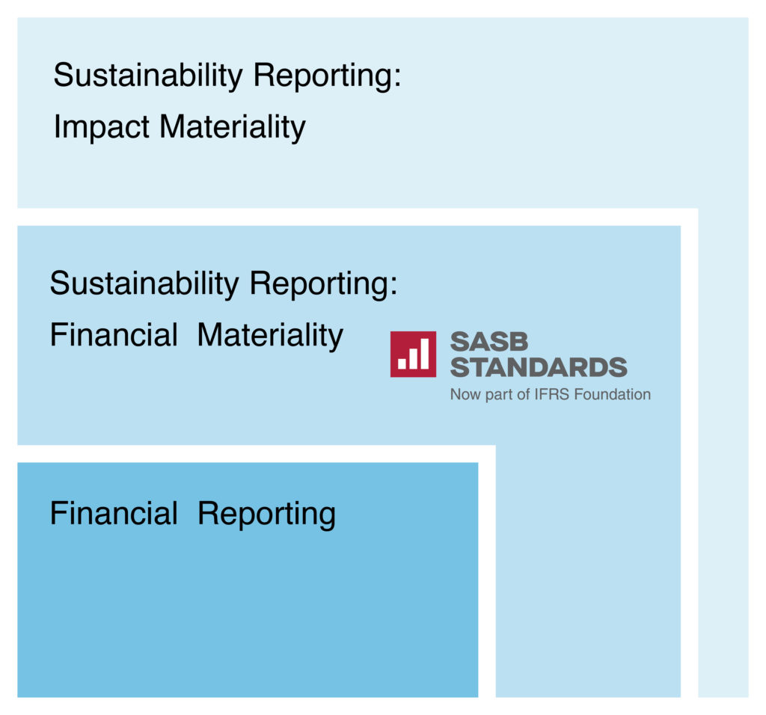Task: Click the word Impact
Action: (x=101, y=127)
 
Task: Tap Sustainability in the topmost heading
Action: (x=147, y=76)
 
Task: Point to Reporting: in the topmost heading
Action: (x=327, y=76)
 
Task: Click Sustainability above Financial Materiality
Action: (x=144, y=283)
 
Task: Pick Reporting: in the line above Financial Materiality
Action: (x=323, y=284)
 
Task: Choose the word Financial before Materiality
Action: (x=114, y=335)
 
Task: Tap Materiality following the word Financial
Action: (x=270, y=336)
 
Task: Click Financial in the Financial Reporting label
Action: (x=114, y=513)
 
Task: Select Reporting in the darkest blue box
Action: (x=267, y=515)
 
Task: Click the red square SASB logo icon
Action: (x=413, y=354)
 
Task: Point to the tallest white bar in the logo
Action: (x=425, y=354)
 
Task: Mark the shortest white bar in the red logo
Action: (x=402, y=363)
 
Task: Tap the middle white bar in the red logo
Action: (x=413, y=358)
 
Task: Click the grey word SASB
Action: (x=489, y=341)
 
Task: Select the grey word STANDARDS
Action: (x=539, y=367)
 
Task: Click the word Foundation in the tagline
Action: (x=612, y=394)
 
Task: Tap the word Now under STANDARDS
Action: (x=465, y=394)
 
